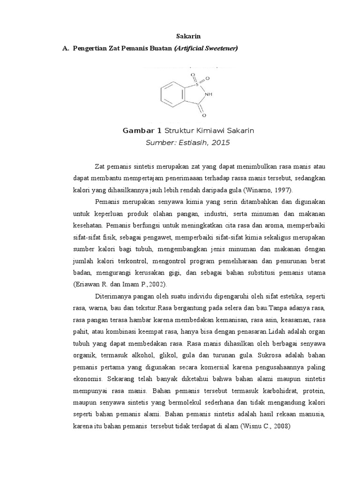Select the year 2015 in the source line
[220, 142]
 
